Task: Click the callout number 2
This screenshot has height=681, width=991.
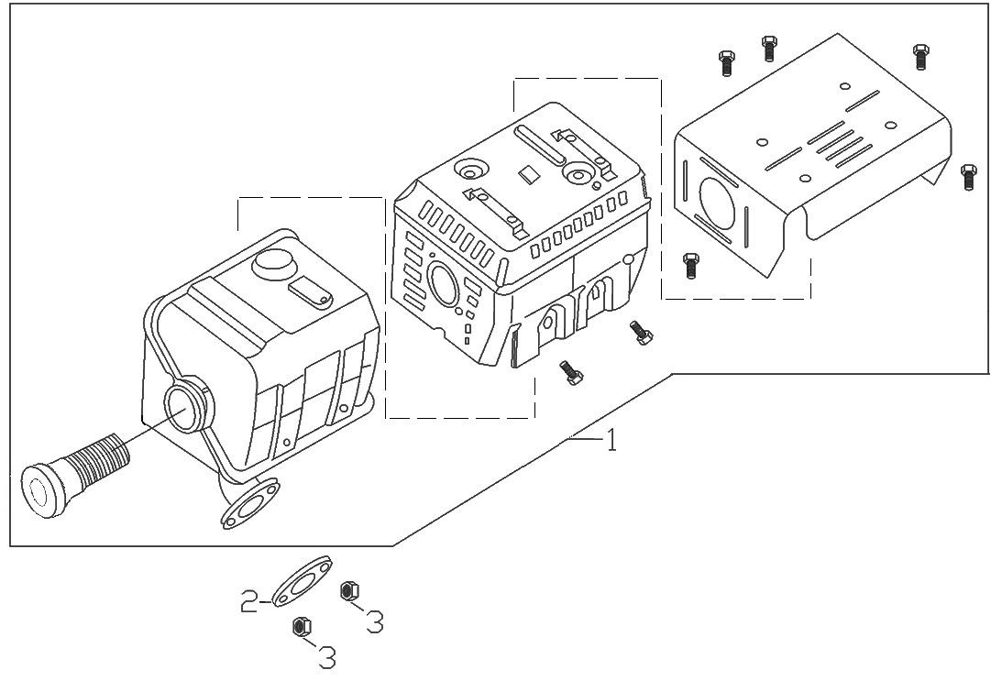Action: [248, 602]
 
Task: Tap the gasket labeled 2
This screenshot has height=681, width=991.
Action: [301, 581]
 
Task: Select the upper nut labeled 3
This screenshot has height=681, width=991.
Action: [348, 591]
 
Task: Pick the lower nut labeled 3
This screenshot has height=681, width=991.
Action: [299, 627]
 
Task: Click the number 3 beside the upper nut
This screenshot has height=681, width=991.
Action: [373, 622]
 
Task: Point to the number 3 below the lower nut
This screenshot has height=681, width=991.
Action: [325, 656]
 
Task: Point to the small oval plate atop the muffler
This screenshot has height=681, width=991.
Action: [310, 291]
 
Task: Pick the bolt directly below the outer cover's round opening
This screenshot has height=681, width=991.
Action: [691, 266]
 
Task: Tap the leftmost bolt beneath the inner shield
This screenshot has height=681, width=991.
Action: [570, 373]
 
